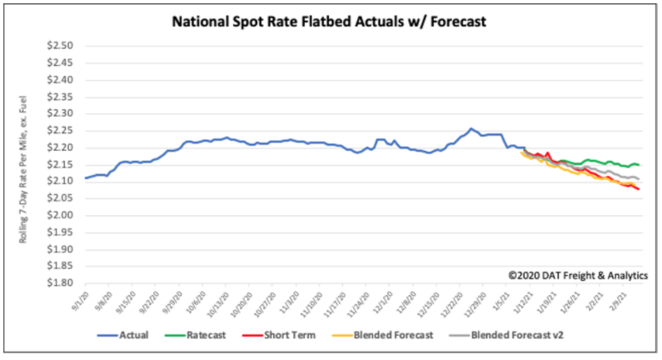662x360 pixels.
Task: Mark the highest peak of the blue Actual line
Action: coord(470,128)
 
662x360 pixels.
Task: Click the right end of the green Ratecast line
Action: coord(639,165)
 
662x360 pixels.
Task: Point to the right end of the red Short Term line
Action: coord(639,190)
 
